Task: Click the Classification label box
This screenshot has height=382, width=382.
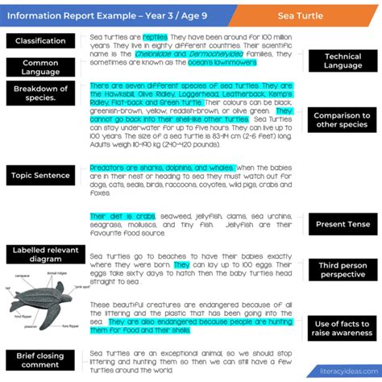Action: coord(40,41)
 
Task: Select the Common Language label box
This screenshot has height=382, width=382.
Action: coord(40,68)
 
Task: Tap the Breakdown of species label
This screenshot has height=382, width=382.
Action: coord(40,94)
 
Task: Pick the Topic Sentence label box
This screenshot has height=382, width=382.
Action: coord(40,175)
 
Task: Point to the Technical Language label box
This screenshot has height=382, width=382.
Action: coord(343,60)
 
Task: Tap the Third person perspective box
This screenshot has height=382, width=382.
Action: coord(343,269)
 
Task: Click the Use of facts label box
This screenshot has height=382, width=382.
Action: coord(343,327)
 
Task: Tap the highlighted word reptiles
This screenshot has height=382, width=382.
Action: coord(155,37)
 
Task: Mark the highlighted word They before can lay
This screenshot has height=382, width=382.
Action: coord(181,264)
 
